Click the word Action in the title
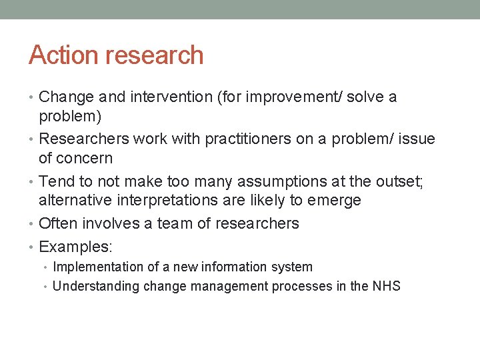pos(61,55)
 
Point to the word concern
pos(85,158)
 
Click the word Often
pos(58,223)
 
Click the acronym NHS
pos(386,287)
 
